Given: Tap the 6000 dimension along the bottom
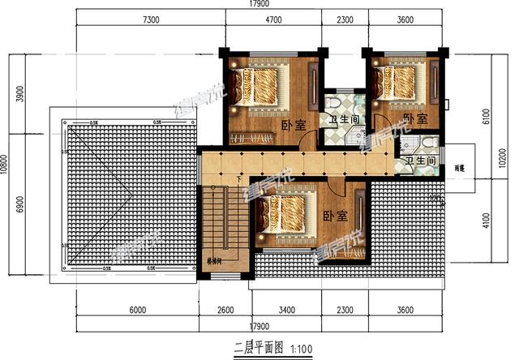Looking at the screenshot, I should tap(138, 309).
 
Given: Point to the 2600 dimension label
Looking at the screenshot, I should tap(225, 309).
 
